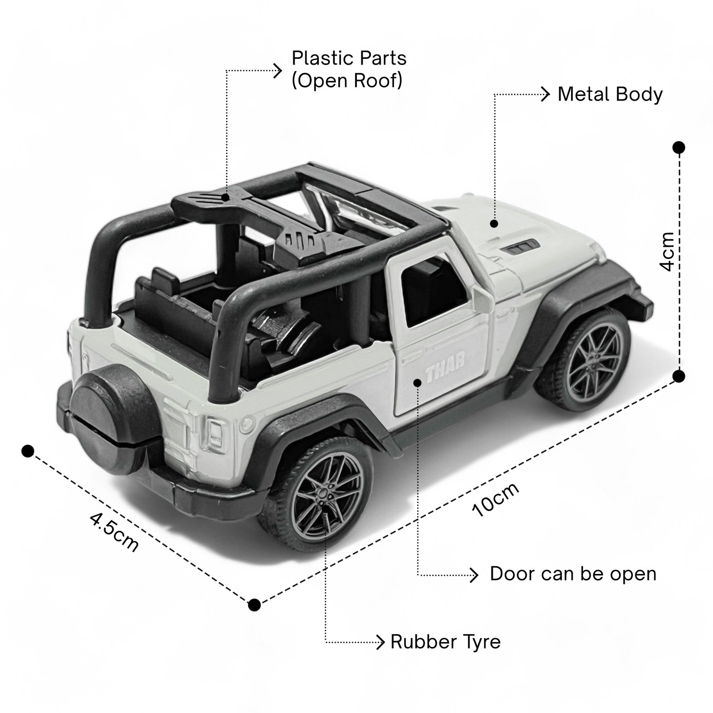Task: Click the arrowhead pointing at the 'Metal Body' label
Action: point(546,94)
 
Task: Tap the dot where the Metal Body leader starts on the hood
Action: point(494,223)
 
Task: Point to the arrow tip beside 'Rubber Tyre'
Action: point(380,642)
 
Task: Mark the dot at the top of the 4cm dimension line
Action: point(679,148)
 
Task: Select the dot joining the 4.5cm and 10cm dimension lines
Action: point(254,605)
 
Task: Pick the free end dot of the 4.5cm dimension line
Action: point(28,451)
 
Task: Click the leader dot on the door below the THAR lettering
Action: point(418,382)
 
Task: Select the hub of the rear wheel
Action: point(322,493)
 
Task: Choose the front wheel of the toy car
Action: point(584,359)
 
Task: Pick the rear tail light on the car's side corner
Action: point(215,434)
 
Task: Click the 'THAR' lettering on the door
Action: point(445,367)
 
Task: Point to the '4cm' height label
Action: point(667,252)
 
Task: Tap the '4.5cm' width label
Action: point(115,532)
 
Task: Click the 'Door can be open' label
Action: point(573,574)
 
